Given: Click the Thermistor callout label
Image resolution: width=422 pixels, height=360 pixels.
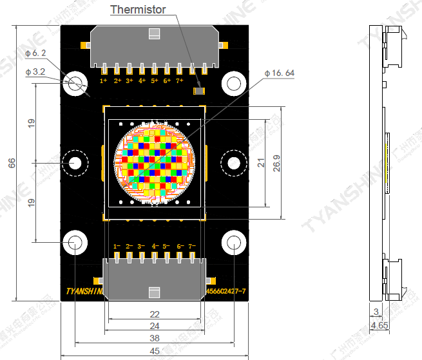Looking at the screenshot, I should tap(138, 10).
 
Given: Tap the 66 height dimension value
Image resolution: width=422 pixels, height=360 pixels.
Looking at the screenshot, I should tap(12, 164).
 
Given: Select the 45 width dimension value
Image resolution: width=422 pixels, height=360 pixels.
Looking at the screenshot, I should tap(155, 351).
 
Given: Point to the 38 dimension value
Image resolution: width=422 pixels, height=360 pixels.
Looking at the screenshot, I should tap(155, 337).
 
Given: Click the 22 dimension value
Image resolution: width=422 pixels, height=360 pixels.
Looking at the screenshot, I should tap(155, 314).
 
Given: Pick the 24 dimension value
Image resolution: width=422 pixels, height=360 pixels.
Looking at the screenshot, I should tap(155, 326).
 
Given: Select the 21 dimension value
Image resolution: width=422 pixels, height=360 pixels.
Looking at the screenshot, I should tap(261, 163).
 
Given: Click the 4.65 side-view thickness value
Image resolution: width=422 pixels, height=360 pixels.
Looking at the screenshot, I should tap(379, 327).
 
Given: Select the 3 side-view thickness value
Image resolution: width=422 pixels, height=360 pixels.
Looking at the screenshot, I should tap(376, 312).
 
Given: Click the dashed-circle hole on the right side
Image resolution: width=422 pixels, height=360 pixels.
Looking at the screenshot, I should tap(233, 162).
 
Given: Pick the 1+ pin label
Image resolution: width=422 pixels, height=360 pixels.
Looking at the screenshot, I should tap(104, 81).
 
